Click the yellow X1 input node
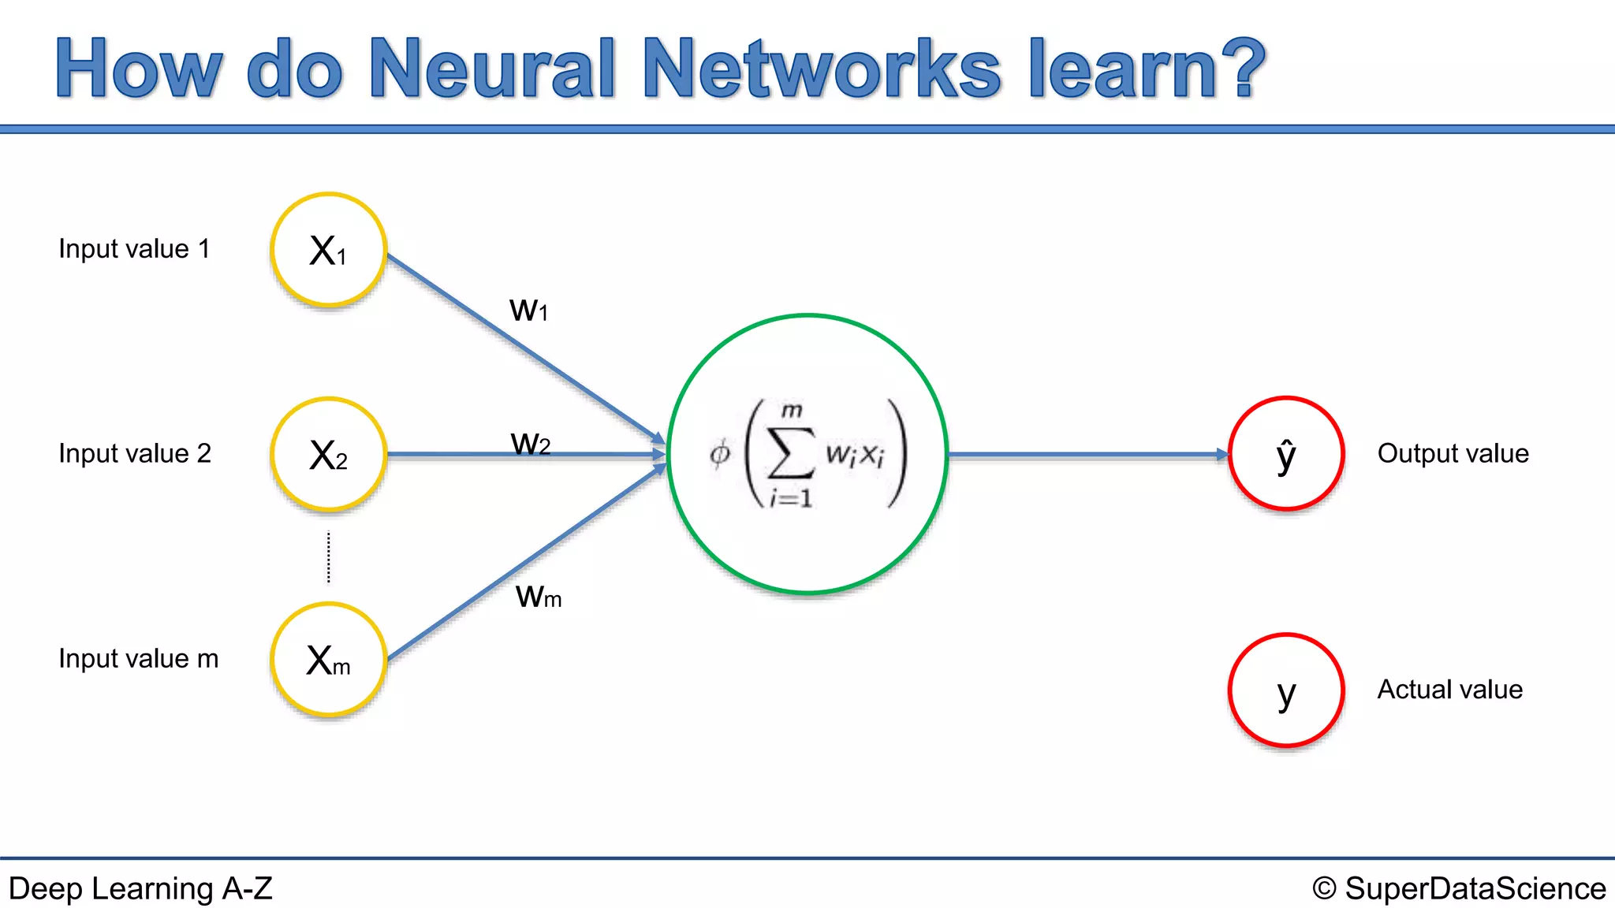(x=328, y=250)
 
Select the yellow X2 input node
(x=328, y=455)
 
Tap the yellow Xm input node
(x=328, y=660)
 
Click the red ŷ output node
(x=1286, y=454)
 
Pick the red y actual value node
(x=1286, y=690)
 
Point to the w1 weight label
(x=528, y=310)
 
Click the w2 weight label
(x=530, y=444)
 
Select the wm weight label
(x=539, y=597)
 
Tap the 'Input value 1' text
(x=134, y=249)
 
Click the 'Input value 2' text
(x=135, y=454)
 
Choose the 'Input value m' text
(x=138, y=659)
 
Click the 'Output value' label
(x=1453, y=454)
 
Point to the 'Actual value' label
(x=1449, y=690)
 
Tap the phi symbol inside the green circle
(x=720, y=455)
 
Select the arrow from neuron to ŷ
(x=1088, y=455)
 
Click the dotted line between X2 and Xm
(x=329, y=558)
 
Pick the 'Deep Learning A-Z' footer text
(x=140, y=889)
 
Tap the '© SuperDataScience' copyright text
(x=1459, y=889)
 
